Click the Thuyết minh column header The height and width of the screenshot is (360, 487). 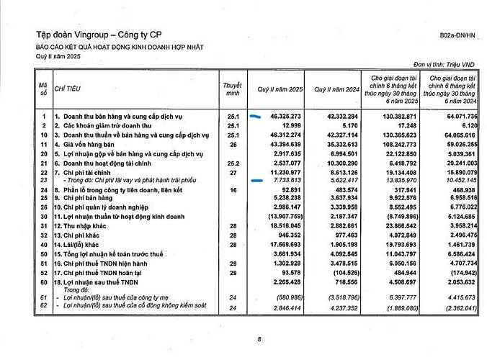pyautogui.click(x=231, y=89)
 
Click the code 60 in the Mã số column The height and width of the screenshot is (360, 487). pyautogui.click(x=44, y=283)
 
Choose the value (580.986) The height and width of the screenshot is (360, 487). pyautogui.click(x=286, y=297)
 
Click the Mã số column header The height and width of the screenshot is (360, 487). pyautogui.click(x=43, y=89)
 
